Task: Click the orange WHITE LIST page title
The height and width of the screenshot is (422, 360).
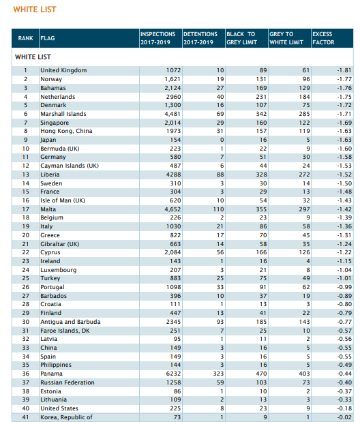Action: (35, 10)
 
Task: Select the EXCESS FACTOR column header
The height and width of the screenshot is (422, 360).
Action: (323, 38)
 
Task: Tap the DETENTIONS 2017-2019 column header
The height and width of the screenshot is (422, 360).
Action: (200, 38)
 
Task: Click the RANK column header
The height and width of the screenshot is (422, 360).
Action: (26, 38)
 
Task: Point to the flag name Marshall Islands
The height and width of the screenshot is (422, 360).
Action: (63, 114)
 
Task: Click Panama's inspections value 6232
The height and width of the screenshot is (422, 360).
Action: (173, 374)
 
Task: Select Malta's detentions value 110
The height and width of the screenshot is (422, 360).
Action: (218, 209)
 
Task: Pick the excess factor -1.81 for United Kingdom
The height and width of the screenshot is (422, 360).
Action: (344, 70)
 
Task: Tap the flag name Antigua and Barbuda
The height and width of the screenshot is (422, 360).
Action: (70, 322)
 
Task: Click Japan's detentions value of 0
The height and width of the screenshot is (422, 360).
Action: (222, 140)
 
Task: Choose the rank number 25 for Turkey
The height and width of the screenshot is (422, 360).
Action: (26, 278)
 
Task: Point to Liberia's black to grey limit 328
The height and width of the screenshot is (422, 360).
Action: (261, 175)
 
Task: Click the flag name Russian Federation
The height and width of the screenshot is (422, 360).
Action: (67, 382)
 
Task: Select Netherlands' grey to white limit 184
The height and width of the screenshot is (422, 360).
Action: (305, 97)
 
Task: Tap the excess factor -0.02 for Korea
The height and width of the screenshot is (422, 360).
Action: (344, 417)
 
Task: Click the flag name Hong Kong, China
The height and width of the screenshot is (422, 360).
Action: (66, 131)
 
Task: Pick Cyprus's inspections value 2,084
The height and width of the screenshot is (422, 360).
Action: (172, 252)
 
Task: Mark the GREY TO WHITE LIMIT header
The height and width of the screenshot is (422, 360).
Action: (286, 38)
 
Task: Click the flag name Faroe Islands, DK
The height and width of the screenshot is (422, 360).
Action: (65, 331)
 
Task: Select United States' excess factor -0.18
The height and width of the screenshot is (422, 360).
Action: (344, 408)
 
